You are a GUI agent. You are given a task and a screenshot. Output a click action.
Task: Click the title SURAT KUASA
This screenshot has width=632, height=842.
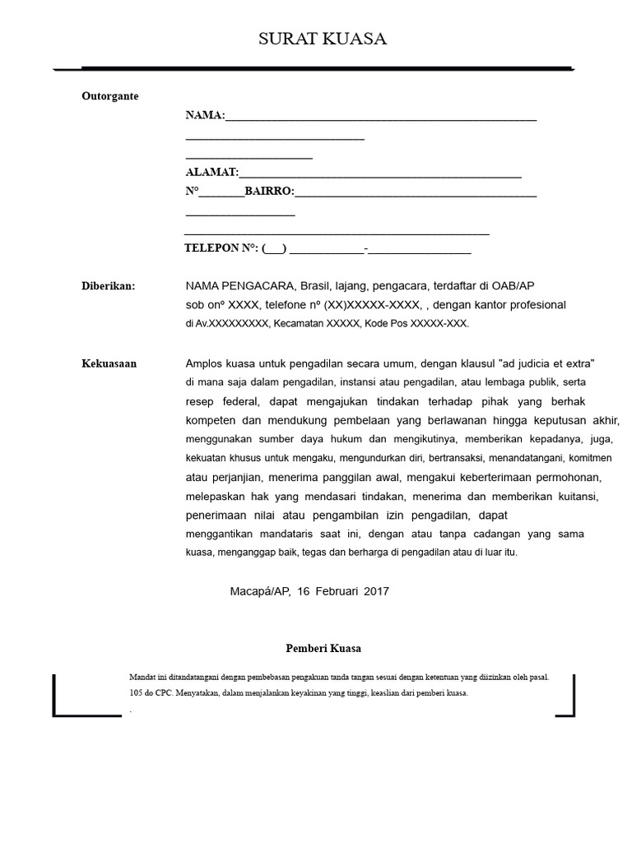(322, 39)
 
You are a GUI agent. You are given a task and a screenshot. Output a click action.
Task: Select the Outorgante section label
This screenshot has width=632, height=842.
(110, 96)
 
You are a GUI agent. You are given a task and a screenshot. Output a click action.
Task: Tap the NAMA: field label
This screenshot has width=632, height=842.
(205, 116)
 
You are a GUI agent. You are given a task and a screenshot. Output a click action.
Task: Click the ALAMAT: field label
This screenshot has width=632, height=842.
(211, 173)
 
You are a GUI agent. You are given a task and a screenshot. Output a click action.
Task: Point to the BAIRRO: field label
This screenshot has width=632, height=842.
(269, 192)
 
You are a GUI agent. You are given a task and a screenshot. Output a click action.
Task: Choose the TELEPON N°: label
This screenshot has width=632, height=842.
(221, 248)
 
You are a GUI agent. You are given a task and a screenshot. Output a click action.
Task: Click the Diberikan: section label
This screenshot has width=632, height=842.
(108, 286)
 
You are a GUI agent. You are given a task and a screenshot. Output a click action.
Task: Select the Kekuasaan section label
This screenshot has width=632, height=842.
(109, 363)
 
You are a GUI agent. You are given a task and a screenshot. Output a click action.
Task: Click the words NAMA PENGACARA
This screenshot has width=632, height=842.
(239, 286)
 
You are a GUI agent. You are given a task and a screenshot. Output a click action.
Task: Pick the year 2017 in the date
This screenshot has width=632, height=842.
(375, 591)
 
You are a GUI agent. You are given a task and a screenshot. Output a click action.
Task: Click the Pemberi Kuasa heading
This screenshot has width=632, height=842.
(323, 648)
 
